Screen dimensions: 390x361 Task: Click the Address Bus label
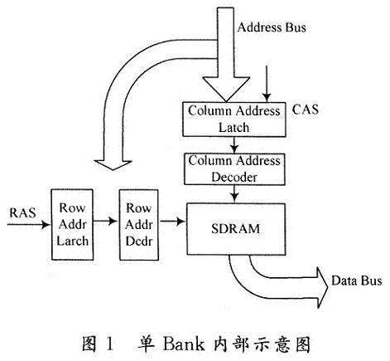(x=272, y=27)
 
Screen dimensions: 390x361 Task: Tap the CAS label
(x=305, y=110)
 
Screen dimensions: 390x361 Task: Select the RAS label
(x=22, y=212)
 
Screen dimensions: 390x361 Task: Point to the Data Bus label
(x=357, y=281)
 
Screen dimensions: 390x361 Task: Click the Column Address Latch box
(x=234, y=120)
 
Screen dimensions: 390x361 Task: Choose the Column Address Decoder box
(x=234, y=169)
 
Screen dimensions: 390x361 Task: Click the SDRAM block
(x=236, y=229)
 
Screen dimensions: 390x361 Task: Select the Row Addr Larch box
(x=72, y=225)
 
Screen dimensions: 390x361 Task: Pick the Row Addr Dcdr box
(x=139, y=225)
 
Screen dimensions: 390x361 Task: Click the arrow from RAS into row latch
(x=29, y=224)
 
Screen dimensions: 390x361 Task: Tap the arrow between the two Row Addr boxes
(x=105, y=221)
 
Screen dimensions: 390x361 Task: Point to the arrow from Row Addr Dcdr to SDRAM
(x=172, y=221)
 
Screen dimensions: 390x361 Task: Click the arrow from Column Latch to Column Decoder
(x=234, y=144)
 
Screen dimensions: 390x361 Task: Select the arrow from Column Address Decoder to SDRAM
(x=234, y=193)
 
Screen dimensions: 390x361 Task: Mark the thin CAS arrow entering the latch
(x=267, y=84)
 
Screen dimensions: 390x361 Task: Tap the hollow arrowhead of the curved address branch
(x=113, y=165)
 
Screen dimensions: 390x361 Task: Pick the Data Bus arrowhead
(x=322, y=287)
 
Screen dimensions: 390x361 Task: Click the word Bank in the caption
(x=183, y=344)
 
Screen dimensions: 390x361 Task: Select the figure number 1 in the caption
(x=109, y=344)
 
